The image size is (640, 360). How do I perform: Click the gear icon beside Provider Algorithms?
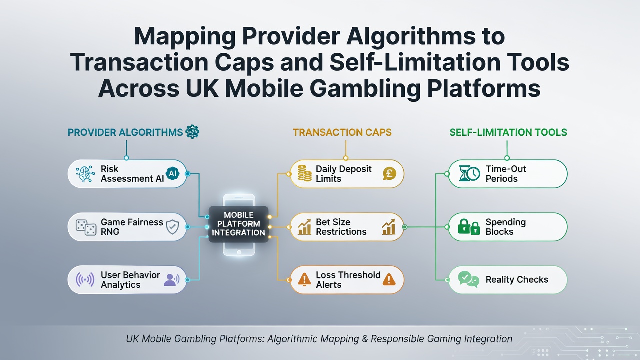(x=192, y=132)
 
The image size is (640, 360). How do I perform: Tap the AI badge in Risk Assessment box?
(x=172, y=173)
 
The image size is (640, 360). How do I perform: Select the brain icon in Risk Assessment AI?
(x=85, y=173)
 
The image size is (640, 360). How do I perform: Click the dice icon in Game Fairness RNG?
(x=86, y=227)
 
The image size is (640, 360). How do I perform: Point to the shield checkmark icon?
(x=172, y=227)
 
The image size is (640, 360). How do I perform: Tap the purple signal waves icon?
(x=85, y=279)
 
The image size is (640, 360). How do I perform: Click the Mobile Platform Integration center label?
(x=238, y=224)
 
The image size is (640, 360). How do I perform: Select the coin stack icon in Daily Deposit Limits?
(x=304, y=173)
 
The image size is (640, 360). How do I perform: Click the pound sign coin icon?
(x=389, y=173)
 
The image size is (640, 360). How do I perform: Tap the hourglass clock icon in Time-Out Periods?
(x=469, y=173)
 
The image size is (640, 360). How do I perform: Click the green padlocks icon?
(x=469, y=227)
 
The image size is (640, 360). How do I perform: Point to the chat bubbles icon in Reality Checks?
(x=468, y=279)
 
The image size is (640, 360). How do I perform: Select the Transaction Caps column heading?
(x=342, y=132)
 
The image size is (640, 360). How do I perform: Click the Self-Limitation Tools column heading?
(x=508, y=132)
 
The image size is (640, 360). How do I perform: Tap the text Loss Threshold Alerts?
(x=348, y=280)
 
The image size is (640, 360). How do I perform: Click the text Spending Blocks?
(x=505, y=227)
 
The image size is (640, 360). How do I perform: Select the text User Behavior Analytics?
(x=130, y=280)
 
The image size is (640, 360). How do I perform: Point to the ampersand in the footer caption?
(x=365, y=339)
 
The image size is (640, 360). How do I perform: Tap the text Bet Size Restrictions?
(x=341, y=227)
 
